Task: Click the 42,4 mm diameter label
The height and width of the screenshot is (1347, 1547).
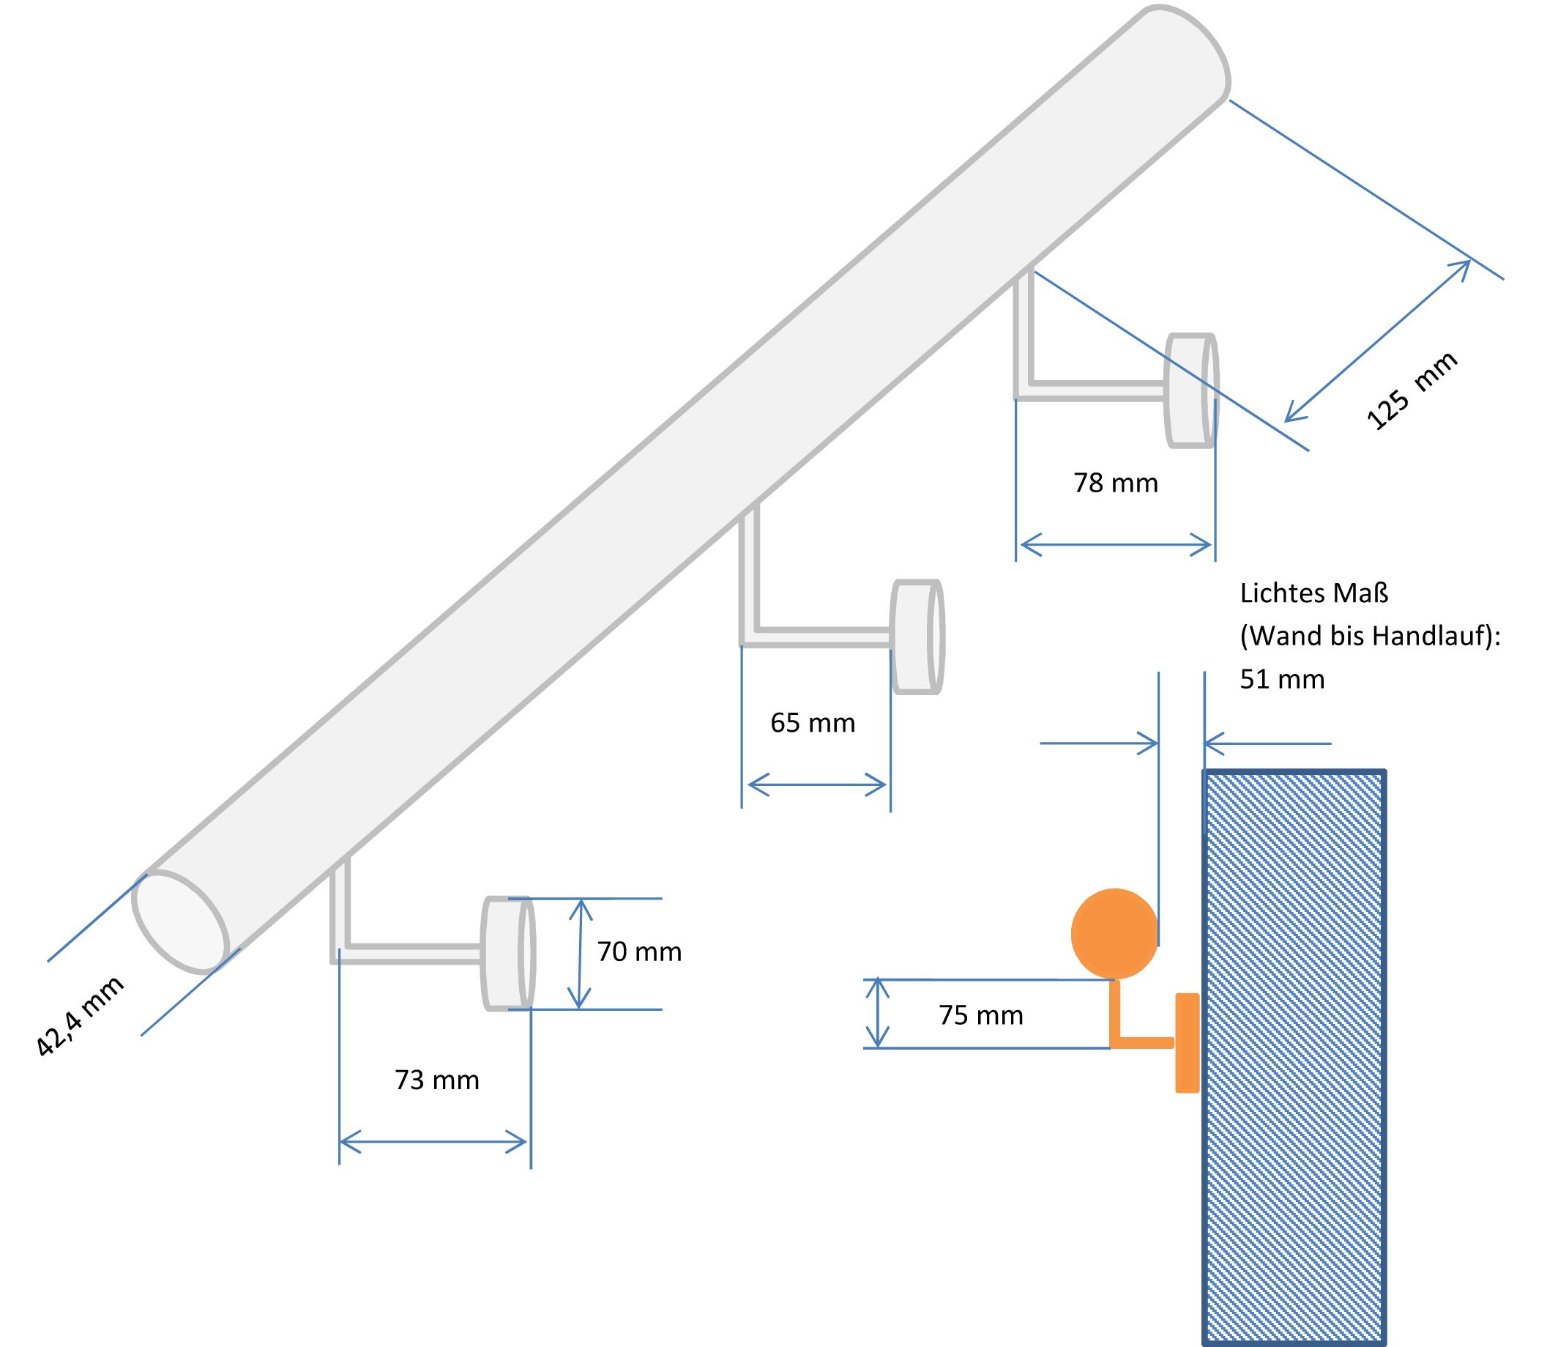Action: pos(80,1016)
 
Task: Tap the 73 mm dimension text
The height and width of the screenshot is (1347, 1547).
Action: pos(436,1080)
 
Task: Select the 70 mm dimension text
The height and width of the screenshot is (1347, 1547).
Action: pos(639,951)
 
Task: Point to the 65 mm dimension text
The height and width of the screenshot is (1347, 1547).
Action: pos(813,722)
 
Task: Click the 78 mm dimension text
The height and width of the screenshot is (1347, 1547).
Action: pos(1116,483)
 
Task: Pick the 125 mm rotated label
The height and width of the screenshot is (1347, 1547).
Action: pos(1412,390)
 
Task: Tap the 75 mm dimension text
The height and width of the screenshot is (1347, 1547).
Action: pos(980,1015)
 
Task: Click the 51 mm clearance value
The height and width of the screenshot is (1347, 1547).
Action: pos(1282,679)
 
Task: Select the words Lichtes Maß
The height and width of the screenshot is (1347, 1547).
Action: pos(1313,593)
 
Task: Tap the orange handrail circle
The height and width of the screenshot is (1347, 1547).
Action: pos(1114,934)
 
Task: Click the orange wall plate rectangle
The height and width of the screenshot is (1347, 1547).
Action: pos(1187,1042)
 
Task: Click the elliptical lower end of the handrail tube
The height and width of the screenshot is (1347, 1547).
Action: pos(180,921)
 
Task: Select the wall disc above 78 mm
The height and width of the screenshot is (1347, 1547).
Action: pos(1191,390)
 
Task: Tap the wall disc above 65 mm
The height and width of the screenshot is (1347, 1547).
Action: pos(917,637)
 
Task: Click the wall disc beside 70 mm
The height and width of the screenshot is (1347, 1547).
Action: pos(509,953)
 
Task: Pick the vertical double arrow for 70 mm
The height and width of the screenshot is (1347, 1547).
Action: pos(580,954)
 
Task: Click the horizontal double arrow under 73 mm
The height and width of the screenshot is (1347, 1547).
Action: pos(433,1142)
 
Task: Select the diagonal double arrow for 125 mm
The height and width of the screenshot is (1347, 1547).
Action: pos(1377,341)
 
